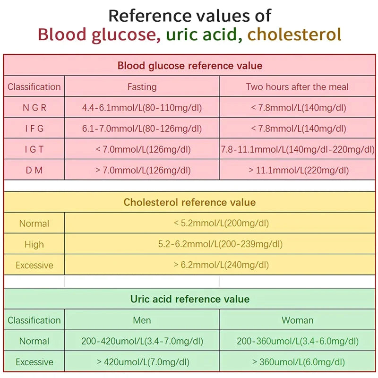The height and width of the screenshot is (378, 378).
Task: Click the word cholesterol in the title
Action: tap(294, 34)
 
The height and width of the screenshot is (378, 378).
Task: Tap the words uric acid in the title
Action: tap(204, 34)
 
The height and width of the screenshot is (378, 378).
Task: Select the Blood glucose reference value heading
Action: tap(189, 66)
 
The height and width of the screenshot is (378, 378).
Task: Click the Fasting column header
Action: tap(142, 87)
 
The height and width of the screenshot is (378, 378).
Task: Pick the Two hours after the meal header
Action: tap(297, 87)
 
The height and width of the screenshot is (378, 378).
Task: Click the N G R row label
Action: tap(34, 108)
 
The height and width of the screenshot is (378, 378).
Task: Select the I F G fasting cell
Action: tap(142, 129)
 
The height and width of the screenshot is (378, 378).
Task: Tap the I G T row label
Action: tap(34, 149)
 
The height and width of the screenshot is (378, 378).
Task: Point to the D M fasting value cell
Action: tap(142, 170)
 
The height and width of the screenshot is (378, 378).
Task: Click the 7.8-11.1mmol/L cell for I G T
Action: tap(297, 149)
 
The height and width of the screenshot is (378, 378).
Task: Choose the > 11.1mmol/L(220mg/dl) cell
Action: tap(297, 170)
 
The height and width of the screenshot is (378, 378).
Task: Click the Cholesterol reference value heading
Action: tap(189, 202)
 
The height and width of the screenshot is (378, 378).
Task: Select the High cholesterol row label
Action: tap(34, 244)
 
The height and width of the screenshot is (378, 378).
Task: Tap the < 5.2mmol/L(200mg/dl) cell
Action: tap(221, 223)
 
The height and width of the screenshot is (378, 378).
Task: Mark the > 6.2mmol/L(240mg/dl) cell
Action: tap(221, 265)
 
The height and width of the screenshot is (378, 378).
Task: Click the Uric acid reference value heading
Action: tap(189, 299)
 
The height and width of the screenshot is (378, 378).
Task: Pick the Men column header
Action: tap(142, 320)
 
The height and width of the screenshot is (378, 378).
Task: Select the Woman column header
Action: tap(297, 320)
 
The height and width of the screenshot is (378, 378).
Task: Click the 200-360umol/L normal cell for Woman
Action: tap(297, 341)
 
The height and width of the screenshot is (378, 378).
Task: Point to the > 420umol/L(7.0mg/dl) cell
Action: tap(142, 362)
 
